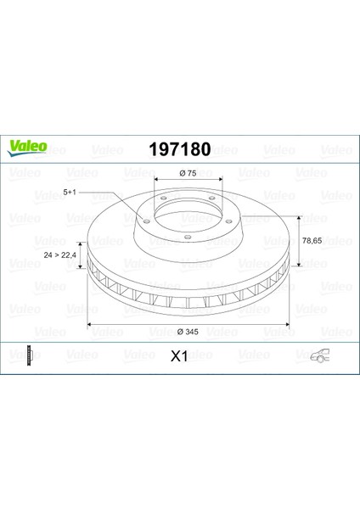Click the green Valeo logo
click(27, 148)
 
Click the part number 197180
click(180, 149)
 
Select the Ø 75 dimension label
click(188, 173)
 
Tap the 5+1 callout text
click(70, 193)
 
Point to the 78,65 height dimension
click(312, 241)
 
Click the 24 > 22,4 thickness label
click(59, 255)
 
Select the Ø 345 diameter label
click(188, 332)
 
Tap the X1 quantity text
click(179, 356)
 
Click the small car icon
click(320, 355)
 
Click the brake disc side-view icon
click(31, 355)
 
